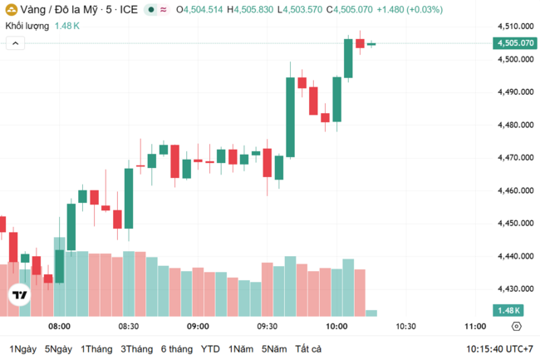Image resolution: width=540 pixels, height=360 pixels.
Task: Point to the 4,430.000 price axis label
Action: [x=515, y=288]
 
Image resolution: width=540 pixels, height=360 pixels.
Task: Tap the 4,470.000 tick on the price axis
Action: [x=515, y=157]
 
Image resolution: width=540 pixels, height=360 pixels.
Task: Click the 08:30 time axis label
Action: [x=128, y=327]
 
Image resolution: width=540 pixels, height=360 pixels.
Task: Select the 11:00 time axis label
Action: [x=474, y=327]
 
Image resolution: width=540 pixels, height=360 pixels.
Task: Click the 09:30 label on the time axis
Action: [x=267, y=327]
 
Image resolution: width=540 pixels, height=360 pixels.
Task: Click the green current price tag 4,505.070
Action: [x=514, y=43]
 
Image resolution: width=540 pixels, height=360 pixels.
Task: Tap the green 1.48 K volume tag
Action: [x=506, y=310]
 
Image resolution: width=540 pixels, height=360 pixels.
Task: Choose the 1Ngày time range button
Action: [x=22, y=348]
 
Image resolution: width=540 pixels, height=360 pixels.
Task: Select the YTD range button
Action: [x=210, y=348]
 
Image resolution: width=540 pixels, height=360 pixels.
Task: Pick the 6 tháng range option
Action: [x=176, y=348]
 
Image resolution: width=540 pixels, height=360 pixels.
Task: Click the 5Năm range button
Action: [x=273, y=348]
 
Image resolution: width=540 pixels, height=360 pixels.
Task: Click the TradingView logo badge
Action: [x=20, y=295]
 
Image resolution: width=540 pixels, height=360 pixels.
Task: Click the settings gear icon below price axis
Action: [x=516, y=327]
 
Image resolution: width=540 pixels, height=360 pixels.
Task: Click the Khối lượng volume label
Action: [x=27, y=26]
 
